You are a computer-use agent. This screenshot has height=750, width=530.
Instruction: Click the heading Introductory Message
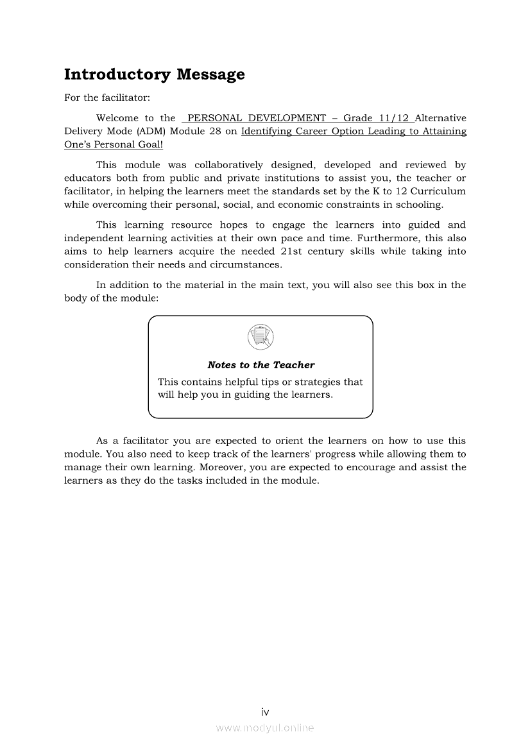pos(154,74)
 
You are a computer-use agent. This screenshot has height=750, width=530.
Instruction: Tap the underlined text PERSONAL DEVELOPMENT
pos(257,118)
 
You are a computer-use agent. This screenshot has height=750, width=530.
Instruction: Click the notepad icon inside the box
pos(260,337)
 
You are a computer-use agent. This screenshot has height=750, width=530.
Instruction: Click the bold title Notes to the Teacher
pos(261,365)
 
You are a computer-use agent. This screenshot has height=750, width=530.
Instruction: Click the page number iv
pos(265,712)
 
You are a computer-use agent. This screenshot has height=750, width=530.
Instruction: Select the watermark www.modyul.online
pos(265,728)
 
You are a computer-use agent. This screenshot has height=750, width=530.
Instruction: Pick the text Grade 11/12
pos(376,118)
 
